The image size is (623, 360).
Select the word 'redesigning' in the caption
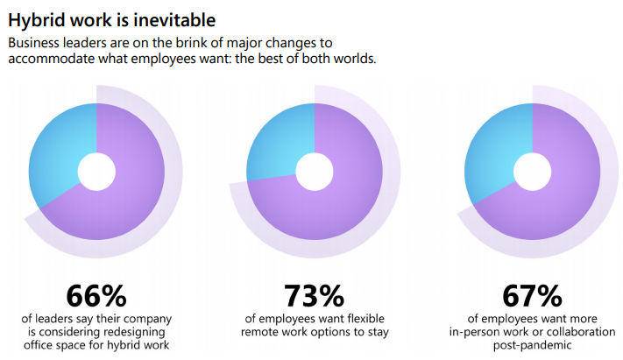pos(141,334)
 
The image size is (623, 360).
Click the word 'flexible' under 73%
pos(362,319)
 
